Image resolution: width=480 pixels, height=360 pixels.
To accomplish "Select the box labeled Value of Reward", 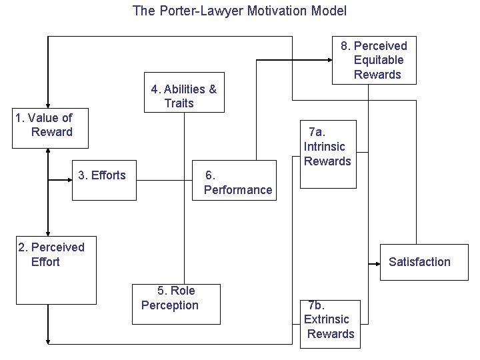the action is [50, 128].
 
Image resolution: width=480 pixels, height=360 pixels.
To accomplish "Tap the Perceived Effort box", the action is [56, 270].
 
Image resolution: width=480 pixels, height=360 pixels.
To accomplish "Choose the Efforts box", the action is [105, 180].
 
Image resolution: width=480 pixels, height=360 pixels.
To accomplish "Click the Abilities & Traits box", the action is [184, 93].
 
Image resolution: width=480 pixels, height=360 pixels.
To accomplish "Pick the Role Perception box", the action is [176, 304].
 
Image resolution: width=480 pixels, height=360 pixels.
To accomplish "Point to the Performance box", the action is [234, 180].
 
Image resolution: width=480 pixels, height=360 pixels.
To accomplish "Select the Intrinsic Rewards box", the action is [328, 154].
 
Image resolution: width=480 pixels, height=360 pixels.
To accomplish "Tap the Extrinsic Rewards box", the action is [330, 324].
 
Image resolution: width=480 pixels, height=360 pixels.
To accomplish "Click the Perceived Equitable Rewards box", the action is [375, 60].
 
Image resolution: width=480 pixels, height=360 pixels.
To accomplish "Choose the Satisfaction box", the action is [424, 263].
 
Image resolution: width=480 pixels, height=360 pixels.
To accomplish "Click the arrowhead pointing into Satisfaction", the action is [378, 264].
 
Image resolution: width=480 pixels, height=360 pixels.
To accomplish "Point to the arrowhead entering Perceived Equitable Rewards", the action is [330, 60].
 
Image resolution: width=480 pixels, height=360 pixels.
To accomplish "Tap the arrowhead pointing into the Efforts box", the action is [70, 180].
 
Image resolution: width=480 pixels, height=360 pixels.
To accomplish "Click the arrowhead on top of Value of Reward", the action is [48, 106].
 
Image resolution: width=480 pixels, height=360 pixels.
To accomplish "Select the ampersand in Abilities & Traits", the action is [213, 89].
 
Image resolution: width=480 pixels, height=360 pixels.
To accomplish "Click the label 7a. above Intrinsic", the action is [317, 132].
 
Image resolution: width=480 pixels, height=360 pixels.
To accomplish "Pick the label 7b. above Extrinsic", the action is [317, 305].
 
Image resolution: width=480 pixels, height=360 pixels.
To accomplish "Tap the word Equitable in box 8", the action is [379, 60].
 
